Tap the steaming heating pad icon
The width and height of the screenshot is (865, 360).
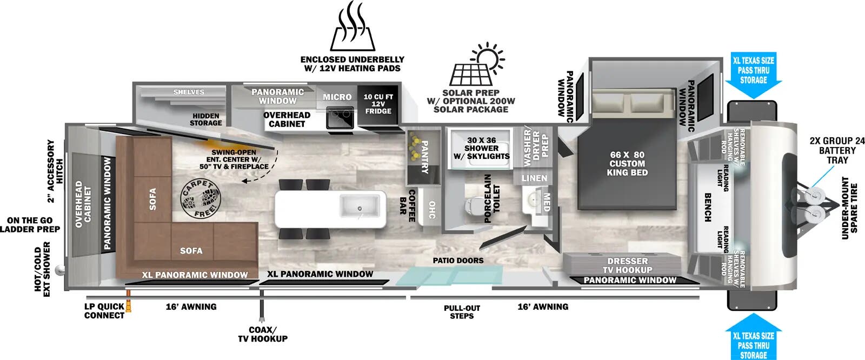pyautogui.click(x=352, y=27)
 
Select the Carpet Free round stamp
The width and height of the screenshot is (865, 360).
pyautogui.click(x=201, y=199)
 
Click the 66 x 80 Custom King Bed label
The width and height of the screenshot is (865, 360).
pyautogui.click(x=627, y=163)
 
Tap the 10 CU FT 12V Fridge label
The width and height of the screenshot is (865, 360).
pyautogui.click(x=378, y=104)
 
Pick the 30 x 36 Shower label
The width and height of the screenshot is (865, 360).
pyautogui.click(x=482, y=148)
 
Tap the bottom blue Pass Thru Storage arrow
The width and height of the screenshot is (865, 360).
pyautogui.click(x=754, y=338)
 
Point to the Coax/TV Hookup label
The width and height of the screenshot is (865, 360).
pyautogui.click(x=263, y=334)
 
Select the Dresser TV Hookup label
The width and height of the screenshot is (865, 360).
pyautogui.click(x=628, y=265)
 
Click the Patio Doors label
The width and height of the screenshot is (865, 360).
pyautogui.click(x=458, y=261)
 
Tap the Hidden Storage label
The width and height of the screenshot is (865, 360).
pyautogui.click(x=206, y=119)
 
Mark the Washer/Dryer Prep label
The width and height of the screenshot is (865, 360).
pyautogui.click(x=536, y=146)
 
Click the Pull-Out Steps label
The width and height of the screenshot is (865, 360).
pyautogui.click(x=462, y=312)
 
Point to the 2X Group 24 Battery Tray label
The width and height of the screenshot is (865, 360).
pyautogui.click(x=837, y=150)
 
